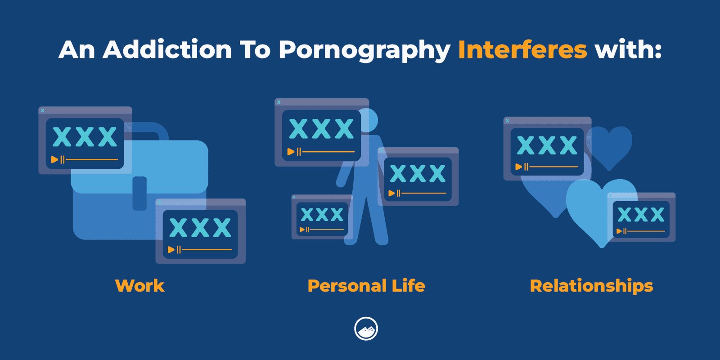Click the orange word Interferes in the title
coord(522,49)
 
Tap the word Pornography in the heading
coord(364,51)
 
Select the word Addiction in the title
coord(167,49)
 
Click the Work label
coord(140,285)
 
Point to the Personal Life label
coord(366,285)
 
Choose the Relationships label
coord(591,286)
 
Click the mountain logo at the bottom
coord(366,328)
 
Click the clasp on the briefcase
coord(140,193)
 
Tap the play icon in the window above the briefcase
coord(54,159)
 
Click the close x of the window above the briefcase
coord(42,111)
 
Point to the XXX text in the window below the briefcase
coord(200,227)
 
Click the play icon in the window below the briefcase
coord(171,249)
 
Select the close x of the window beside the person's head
coord(279,102)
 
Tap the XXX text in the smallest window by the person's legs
coord(322,214)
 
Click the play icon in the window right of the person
coord(391,193)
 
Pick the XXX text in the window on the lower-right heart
coord(641,214)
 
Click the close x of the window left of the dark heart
coord(508,121)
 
